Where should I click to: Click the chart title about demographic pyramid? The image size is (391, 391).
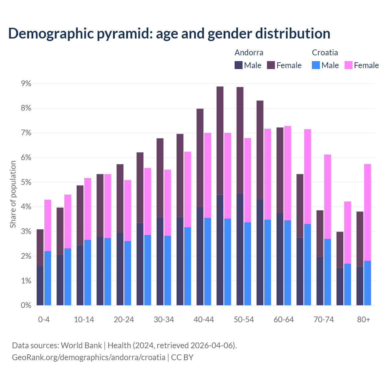pos(169,33)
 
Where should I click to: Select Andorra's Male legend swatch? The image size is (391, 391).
pos(239,65)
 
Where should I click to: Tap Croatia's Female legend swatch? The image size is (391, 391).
pos(349,65)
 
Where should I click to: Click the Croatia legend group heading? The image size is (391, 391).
pos(325,53)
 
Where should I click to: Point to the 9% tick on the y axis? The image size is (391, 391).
pos(26,83)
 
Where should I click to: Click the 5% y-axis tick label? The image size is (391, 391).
pos(26,182)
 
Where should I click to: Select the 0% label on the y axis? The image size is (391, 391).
pos(26,305)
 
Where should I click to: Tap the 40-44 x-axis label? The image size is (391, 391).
pos(204,320)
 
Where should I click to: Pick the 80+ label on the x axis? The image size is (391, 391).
pos(364,320)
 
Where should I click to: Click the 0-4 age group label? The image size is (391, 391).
pos(44,320)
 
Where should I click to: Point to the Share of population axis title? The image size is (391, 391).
pos(13,194)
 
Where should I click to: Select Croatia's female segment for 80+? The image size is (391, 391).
pos(367,212)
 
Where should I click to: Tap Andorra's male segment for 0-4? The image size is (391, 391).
pos(40,285)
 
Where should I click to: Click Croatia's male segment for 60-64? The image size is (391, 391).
pos(287,262)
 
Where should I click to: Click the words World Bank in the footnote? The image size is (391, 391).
pos(81,345)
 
